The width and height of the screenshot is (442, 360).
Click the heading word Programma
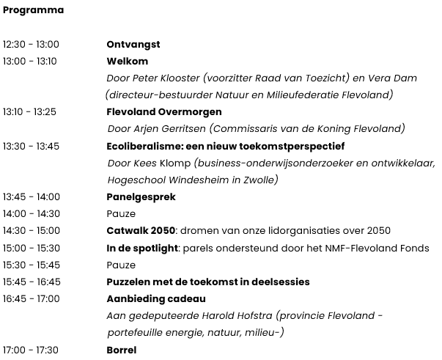click(x=33, y=10)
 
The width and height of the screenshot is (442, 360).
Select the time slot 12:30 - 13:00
click(x=31, y=45)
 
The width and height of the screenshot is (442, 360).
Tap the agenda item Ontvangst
click(x=133, y=45)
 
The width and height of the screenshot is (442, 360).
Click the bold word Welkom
click(x=128, y=61)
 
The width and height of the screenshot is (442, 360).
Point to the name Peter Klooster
click(x=168, y=78)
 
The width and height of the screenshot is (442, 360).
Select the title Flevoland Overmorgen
click(x=164, y=112)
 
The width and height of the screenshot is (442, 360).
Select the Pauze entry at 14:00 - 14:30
click(x=121, y=213)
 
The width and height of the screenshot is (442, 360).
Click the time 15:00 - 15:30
click(x=32, y=248)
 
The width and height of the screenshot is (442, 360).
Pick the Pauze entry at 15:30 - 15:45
click(x=121, y=264)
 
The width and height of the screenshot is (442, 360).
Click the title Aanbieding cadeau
click(x=156, y=298)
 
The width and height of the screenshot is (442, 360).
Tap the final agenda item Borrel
click(x=122, y=350)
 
